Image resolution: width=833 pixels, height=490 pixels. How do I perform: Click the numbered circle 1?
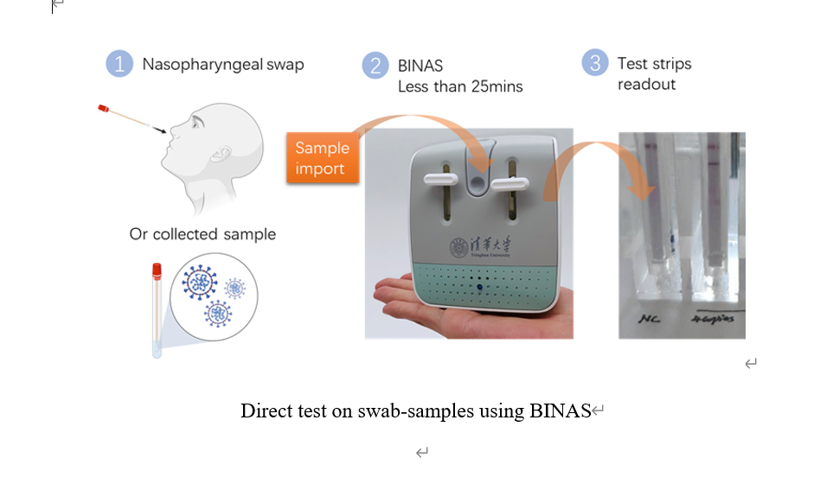tap(119, 64)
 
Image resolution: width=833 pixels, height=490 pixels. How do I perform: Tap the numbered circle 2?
tap(375, 65)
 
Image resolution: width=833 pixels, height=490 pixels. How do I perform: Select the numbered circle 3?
tap(594, 63)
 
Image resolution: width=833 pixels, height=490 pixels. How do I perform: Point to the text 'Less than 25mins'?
tap(460, 86)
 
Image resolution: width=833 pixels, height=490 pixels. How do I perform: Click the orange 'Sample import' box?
tap(322, 158)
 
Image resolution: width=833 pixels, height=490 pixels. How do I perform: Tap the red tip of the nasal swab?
tap(103, 111)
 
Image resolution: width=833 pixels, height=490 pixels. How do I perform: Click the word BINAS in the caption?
tap(559, 410)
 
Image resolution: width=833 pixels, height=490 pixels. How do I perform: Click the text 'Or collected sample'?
tap(202, 234)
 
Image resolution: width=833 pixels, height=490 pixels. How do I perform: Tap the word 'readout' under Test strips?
tap(646, 85)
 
